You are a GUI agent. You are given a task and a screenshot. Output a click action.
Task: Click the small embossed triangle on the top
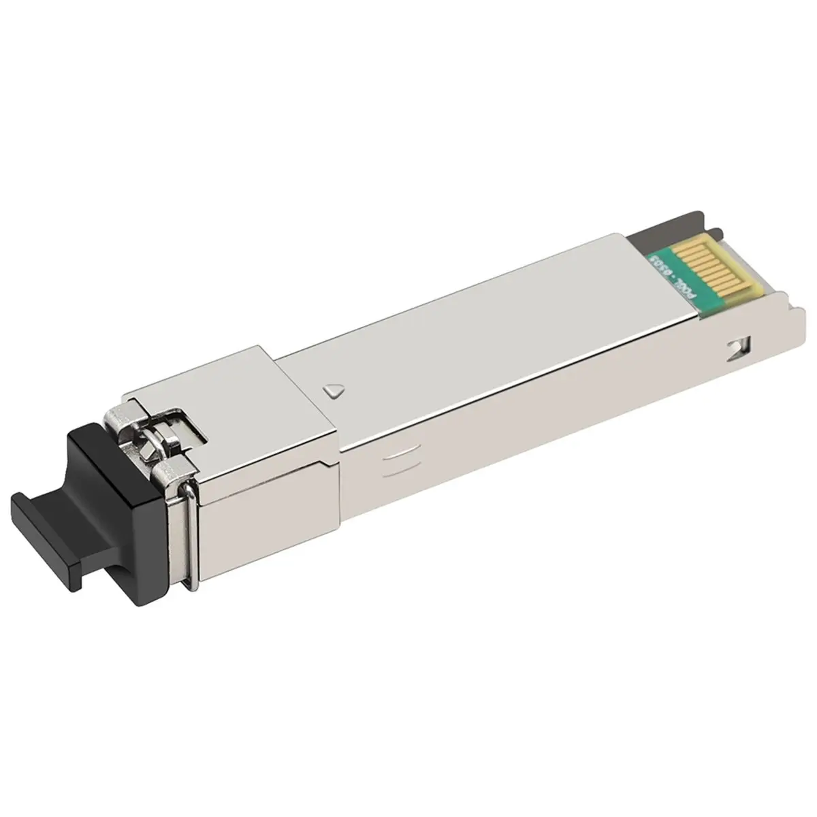334,390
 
